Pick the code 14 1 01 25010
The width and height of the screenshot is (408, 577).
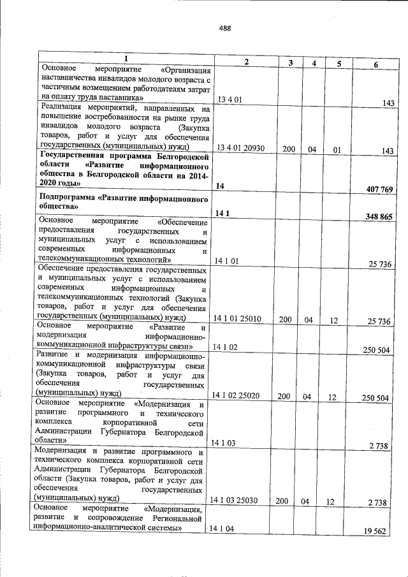[238, 320]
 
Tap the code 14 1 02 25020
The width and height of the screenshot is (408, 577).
[239, 397]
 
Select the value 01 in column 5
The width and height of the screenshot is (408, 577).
[339, 150]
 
